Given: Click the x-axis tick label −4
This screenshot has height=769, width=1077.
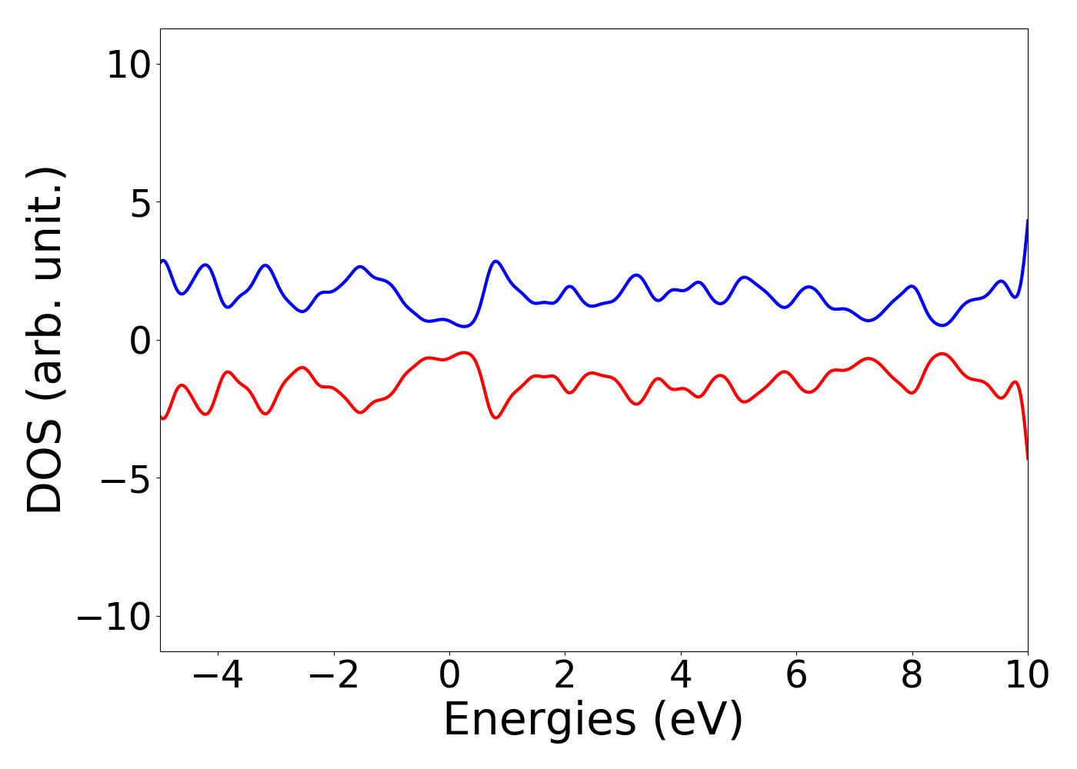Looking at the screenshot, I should click(218, 676).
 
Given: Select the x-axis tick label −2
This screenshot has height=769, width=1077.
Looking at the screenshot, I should click(333, 676).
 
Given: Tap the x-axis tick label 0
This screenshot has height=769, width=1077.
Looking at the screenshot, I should click(449, 676).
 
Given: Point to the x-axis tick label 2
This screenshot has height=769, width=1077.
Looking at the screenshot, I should click(565, 676).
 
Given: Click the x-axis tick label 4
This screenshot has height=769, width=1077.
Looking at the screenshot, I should click(681, 676).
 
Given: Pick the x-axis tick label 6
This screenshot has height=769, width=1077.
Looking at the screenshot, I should click(796, 676).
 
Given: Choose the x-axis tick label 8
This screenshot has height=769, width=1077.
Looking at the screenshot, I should click(912, 676).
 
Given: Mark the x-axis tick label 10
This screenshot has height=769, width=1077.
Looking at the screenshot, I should click(1027, 676).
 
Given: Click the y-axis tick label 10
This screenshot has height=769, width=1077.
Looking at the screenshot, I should click(128, 65).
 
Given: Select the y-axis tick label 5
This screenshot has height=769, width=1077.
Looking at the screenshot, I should click(138, 202).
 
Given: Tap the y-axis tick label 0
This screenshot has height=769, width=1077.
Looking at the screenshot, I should click(138, 341).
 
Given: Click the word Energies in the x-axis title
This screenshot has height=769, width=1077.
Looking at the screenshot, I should click(539, 721).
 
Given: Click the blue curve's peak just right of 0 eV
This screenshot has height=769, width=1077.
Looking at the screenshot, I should click(496, 261).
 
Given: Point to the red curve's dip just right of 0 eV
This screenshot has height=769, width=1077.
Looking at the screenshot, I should click(496, 418).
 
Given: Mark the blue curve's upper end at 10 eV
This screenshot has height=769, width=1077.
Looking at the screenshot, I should click(1027, 221).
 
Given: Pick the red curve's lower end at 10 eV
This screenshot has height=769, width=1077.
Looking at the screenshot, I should click(1027, 458).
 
